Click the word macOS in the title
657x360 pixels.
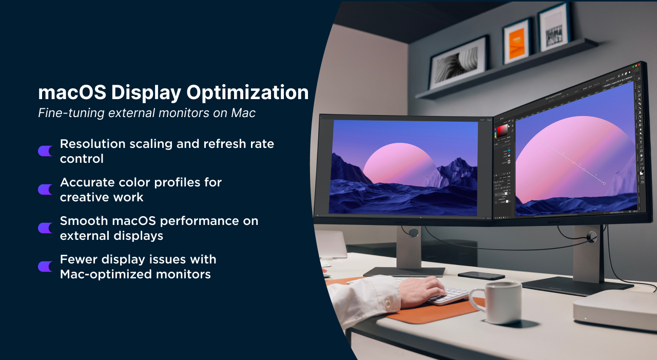(x=72, y=92)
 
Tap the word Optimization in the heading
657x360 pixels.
(x=247, y=93)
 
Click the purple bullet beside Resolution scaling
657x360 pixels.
(x=45, y=151)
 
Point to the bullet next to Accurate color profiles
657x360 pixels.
(x=45, y=190)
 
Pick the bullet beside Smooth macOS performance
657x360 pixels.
(x=45, y=228)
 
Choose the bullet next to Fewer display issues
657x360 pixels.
(x=45, y=267)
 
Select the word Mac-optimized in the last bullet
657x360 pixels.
(x=106, y=274)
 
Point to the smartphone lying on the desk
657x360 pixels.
(x=481, y=275)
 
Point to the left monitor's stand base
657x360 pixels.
(x=404, y=272)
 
